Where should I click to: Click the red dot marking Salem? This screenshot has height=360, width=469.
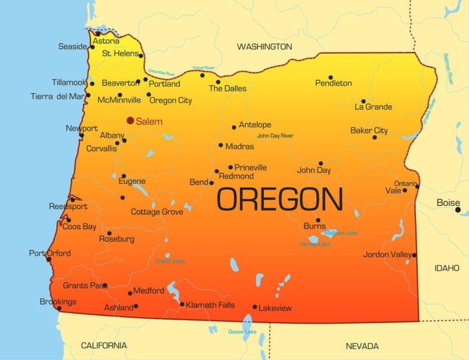[130, 120]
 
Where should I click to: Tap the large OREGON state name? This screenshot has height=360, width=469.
[280, 200]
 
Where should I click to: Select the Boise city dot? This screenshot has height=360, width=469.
[458, 210]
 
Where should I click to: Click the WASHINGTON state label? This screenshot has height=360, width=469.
[264, 46]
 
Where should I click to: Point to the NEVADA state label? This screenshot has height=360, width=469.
[362, 346]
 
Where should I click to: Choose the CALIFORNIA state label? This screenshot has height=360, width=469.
[104, 345]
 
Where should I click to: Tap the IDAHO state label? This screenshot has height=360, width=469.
[446, 268]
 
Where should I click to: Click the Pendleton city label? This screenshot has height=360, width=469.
[333, 83]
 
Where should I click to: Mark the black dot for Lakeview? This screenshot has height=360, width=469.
[255, 307]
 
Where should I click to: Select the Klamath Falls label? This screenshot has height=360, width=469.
[210, 305]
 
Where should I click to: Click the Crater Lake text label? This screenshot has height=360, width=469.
[170, 261]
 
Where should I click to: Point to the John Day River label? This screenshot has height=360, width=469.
[275, 136]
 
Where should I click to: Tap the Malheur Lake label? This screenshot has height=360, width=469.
[341, 233]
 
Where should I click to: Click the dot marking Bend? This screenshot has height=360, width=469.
[211, 183]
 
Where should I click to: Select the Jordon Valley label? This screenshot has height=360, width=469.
[387, 254]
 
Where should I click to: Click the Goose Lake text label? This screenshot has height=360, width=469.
[242, 332]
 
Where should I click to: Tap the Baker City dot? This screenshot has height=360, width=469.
[374, 137]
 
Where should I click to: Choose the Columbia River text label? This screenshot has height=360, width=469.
[162, 72]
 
